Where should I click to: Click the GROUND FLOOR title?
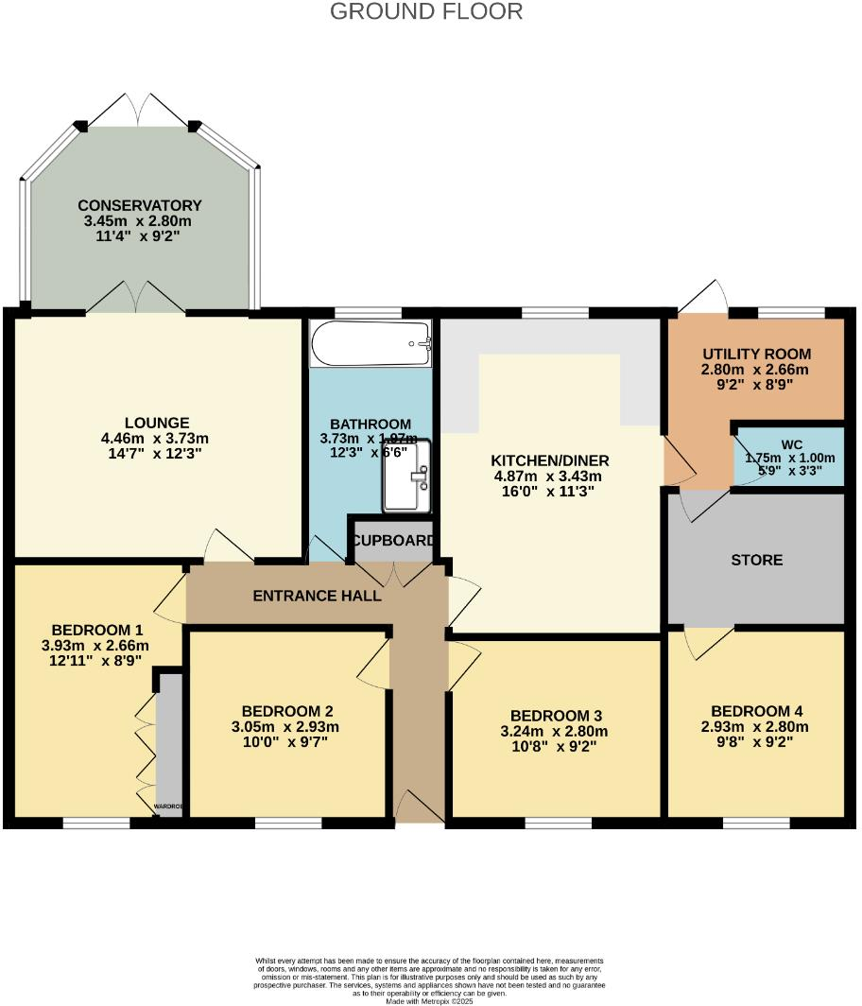[426, 11]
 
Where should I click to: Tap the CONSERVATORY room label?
[140, 205]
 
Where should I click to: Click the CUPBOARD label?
[393, 542]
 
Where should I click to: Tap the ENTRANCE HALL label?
[317, 596]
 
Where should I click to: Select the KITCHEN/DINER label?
[550, 460]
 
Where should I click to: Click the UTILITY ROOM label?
[756, 354]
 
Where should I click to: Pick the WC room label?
[791, 443]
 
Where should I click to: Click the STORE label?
[757, 560]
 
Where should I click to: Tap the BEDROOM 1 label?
[97, 630]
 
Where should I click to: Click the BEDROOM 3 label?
[558, 716]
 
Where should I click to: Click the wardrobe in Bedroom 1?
[170, 737]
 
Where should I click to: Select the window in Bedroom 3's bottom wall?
[558, 823]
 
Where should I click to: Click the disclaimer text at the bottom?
[430, 977]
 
